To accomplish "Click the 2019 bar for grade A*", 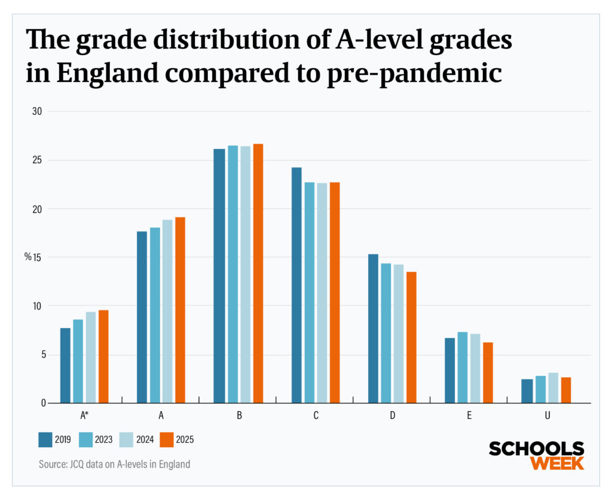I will pyautogui.click(x=65, y=365).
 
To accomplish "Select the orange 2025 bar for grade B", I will pyautogui.click(x=258, y=274).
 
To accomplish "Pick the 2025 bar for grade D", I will pyautogui.click(x=411, y=337).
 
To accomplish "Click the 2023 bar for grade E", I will pyautogui.click(x=463, y=368).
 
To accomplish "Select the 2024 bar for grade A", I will pyautogui.click(x=167, y=311).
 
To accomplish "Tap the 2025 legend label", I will pyautogui.click(x=185, y=440).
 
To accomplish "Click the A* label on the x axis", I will pyautogui.click(x=84, y=415).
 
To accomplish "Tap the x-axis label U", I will pyautogui.click(x=547, y=415).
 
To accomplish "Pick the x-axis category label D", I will pyautogui.click(x=393, y=415).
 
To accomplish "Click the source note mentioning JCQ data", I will pyautogui.click(x=114, y=464).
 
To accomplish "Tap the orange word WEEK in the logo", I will pyautogui.click(x=557, y=463).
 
